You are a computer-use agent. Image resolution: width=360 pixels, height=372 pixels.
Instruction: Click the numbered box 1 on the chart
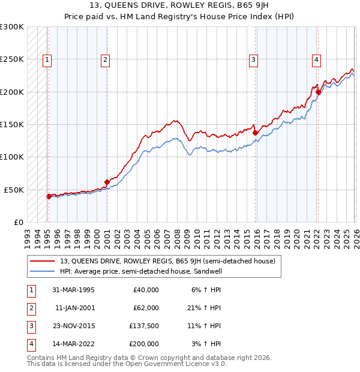click(x=47, y=59)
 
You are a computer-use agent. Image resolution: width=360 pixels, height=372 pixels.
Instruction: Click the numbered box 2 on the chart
click(x=105, y=59)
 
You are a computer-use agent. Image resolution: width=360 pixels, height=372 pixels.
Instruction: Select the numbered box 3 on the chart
click(x=254, y=59)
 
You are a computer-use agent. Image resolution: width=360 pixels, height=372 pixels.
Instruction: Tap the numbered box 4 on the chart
click(x=316, y=59)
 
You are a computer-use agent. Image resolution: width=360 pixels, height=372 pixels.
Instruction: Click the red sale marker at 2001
click(x=107, y=182)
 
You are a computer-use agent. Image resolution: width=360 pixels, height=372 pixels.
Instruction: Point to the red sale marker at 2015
click(x=255, y=133)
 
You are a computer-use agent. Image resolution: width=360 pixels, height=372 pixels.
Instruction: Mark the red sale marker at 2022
click(x=318, y=92)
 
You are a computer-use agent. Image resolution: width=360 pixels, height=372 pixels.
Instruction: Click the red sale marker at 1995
click(x=49, y=196)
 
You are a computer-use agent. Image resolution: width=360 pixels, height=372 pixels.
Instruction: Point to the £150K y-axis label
click(x=12, y=124)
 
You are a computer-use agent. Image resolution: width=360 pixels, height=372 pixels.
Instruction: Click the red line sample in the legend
click(x=43, y=261)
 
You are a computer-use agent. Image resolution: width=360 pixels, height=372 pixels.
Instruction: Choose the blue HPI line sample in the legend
click(x=43, y=271)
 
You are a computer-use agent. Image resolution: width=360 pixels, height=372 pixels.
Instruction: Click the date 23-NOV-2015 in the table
click(x=74, y=328)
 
